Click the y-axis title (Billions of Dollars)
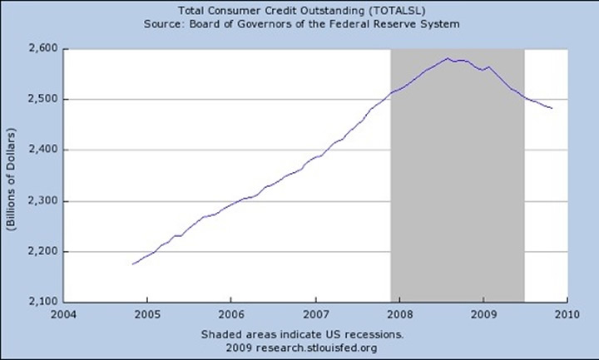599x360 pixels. (x=11, y=175)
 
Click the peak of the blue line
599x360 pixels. (x=448, y=58)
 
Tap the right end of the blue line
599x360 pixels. (x=552, y=108)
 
